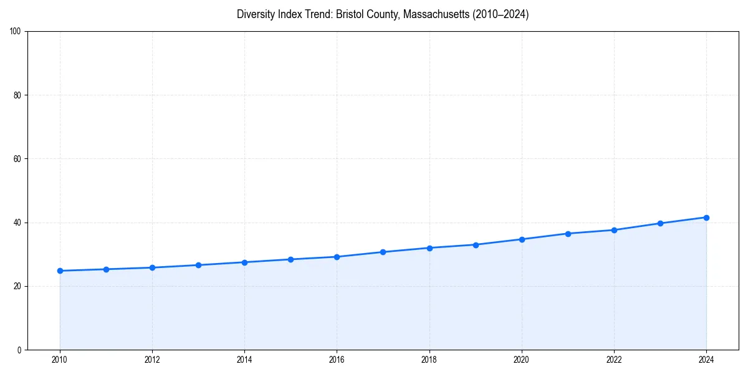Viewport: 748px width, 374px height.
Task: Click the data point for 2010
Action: coord(60,271)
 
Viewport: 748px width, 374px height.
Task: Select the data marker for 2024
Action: coord(706,218)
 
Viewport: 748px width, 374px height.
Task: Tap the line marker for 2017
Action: coord(383,252)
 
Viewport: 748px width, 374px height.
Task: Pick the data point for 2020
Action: coord(522,239)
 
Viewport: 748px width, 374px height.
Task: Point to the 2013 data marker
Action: coord(198,265)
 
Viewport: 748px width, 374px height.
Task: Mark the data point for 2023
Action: coord(660,223)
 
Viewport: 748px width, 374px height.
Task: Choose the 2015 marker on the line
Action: coord(290,259)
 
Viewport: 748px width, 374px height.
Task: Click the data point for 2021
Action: coord(568,234)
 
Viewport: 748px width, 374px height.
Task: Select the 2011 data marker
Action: coord(106,269)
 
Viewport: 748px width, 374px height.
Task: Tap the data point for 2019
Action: coord(476,245)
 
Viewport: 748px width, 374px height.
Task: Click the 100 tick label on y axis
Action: coord(16,32)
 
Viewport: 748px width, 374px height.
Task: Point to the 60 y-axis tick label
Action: coord(17,159)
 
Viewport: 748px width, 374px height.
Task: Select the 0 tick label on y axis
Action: coord(19,350)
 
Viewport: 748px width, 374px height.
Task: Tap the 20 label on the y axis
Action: coord(17,286)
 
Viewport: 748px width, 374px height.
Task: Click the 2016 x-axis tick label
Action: coord(337,360)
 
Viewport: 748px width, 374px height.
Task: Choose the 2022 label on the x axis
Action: coord(614,360)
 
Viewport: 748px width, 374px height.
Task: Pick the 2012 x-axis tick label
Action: coord(152,360)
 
